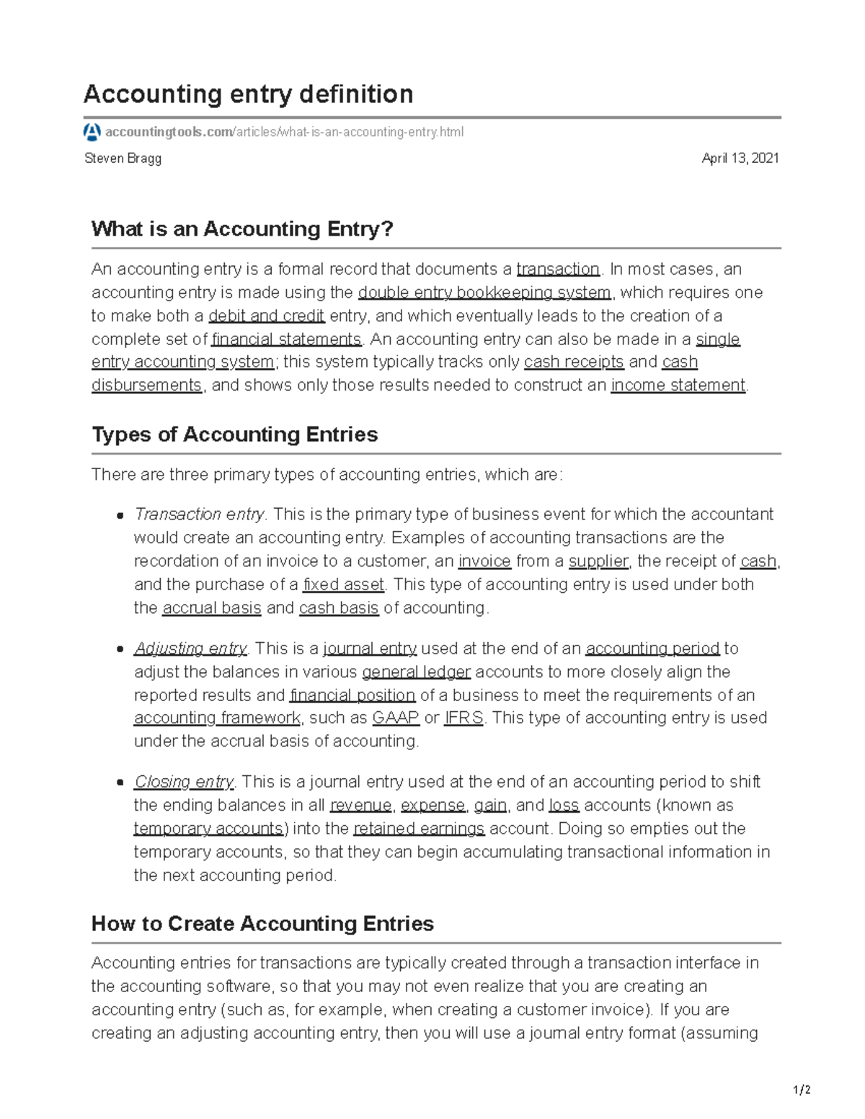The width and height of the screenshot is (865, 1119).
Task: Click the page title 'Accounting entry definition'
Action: (248, 94)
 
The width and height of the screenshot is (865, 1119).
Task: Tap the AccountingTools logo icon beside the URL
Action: (92, 132)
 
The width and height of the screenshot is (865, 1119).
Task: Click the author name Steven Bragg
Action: (123, 159)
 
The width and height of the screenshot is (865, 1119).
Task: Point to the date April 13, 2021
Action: (740, 159)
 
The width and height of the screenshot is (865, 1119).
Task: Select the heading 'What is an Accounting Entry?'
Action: (242, 229)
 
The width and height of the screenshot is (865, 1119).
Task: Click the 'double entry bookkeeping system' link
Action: (484, 293)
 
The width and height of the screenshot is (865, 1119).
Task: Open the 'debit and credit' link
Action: (267, 316)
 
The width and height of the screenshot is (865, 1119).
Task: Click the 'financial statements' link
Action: (286, 339)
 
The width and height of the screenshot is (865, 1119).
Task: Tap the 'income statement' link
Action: (678, 385)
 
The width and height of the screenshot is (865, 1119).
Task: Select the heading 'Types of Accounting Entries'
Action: (234, 434)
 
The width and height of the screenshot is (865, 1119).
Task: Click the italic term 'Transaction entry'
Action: (199, 514)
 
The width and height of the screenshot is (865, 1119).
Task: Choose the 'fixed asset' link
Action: (344, 584)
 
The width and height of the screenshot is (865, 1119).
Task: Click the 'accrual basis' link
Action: (212, 608)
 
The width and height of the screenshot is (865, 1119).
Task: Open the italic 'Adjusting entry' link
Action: (190, 648)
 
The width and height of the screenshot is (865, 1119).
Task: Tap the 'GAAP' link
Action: (395, 718)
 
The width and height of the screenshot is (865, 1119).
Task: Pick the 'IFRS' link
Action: (463, 718)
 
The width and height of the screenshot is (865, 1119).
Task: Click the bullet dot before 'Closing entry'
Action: (120, 783)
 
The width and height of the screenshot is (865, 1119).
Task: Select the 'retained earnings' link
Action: (419, 829)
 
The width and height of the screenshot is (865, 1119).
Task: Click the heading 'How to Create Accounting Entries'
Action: (262, 924)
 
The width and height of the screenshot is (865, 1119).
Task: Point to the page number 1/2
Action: (802, 1090)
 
